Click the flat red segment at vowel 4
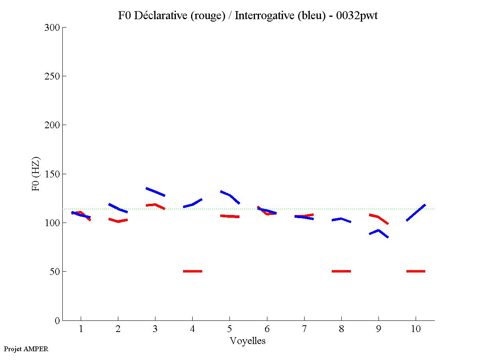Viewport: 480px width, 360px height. [193, 271]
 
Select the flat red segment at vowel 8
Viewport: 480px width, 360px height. [341, 271]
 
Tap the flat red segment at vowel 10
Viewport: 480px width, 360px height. [416, 271]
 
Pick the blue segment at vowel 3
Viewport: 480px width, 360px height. [155, 192]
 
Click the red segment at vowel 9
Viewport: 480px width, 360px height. [378, 217]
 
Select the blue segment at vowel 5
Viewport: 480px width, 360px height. [230, 196]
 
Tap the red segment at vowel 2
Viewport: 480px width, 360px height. [118, 220]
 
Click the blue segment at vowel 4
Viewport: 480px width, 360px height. [193, 204]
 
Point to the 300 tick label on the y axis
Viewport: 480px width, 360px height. [52, 28]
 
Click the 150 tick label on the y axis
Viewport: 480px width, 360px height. [52, 174]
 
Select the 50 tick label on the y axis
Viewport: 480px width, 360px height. [54, 272]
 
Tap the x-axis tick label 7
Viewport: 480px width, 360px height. [304, 329]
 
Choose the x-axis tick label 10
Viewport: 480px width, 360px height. [416, 329]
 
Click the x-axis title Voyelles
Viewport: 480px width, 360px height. [247, 341]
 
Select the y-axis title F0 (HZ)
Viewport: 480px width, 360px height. [36, 174]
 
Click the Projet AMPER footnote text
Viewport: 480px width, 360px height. [26, 349]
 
